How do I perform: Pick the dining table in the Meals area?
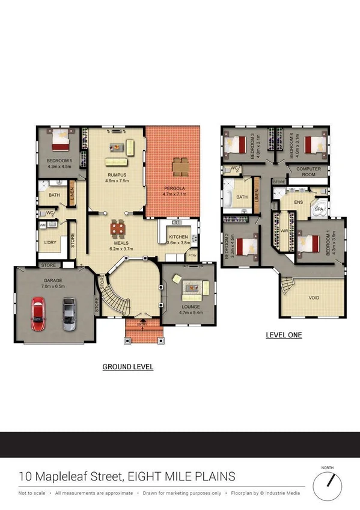pos(118,229)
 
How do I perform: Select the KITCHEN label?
pos(178,238)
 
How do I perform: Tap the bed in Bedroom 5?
pos(61,142)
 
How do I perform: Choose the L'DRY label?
pos(50,242)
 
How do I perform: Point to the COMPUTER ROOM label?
pos(308,171)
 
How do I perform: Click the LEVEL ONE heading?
pos(284,335)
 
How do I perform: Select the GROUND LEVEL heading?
pos(127,366)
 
